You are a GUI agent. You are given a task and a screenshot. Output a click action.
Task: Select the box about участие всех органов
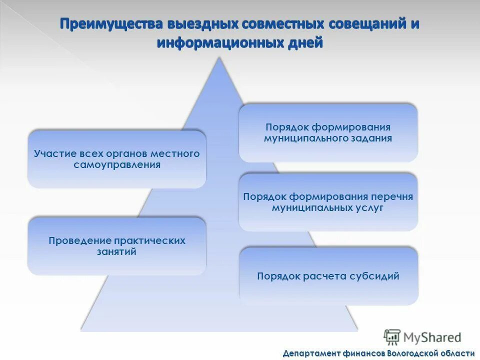click(116, 159)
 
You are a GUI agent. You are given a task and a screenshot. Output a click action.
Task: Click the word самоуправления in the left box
click(117, 165)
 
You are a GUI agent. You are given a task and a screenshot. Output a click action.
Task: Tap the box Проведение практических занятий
click(116, 246)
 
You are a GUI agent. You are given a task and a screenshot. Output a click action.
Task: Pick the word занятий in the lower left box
click(116, 252)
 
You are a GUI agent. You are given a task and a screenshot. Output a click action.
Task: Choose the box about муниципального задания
click(328, 132)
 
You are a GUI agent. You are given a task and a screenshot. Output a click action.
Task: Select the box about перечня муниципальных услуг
click(328, 202)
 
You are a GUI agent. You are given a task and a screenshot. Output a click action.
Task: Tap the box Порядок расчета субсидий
click(328, 276)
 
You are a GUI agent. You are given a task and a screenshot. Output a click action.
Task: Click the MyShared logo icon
click(392, 337)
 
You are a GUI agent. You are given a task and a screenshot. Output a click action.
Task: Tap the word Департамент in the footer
click(312, 353)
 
